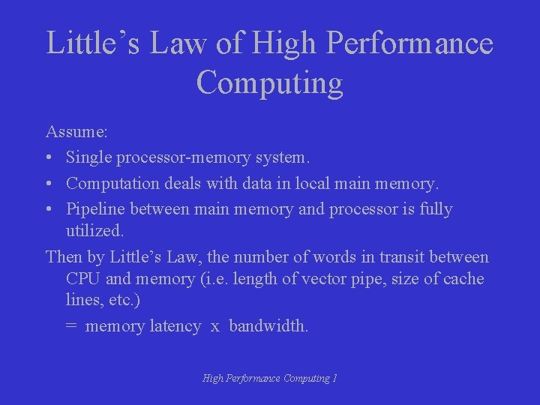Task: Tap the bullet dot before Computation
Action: pyautogui.click(x=49, y=184)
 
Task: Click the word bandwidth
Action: pyautogui.click(x=268, y=326)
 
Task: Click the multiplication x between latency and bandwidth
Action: pyautogui.click(x=214, y=327)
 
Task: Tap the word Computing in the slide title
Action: pyautogui.click(x=269, y=82)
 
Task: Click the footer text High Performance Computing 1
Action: pyautogui.click(x=269, y=379)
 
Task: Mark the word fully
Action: pyautogui.click(x=433, y=209)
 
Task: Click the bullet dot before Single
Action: pyautogui.click(x=49, y=158)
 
